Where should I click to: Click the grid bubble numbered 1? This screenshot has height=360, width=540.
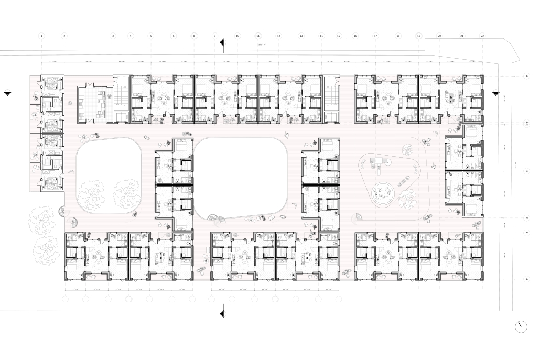pos(41,36)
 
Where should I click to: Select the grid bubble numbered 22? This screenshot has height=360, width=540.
pos(482,36)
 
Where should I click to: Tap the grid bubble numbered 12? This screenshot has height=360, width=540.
pos(279,36)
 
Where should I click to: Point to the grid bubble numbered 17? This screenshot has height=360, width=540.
pos(376,36)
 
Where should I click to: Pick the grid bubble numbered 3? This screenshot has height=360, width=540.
pos(113,36)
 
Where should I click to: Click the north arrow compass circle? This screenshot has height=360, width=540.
pos(521,326)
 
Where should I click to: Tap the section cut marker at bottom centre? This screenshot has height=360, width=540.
pos(223,313)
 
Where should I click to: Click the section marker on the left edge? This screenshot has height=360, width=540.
pos(7,93)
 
